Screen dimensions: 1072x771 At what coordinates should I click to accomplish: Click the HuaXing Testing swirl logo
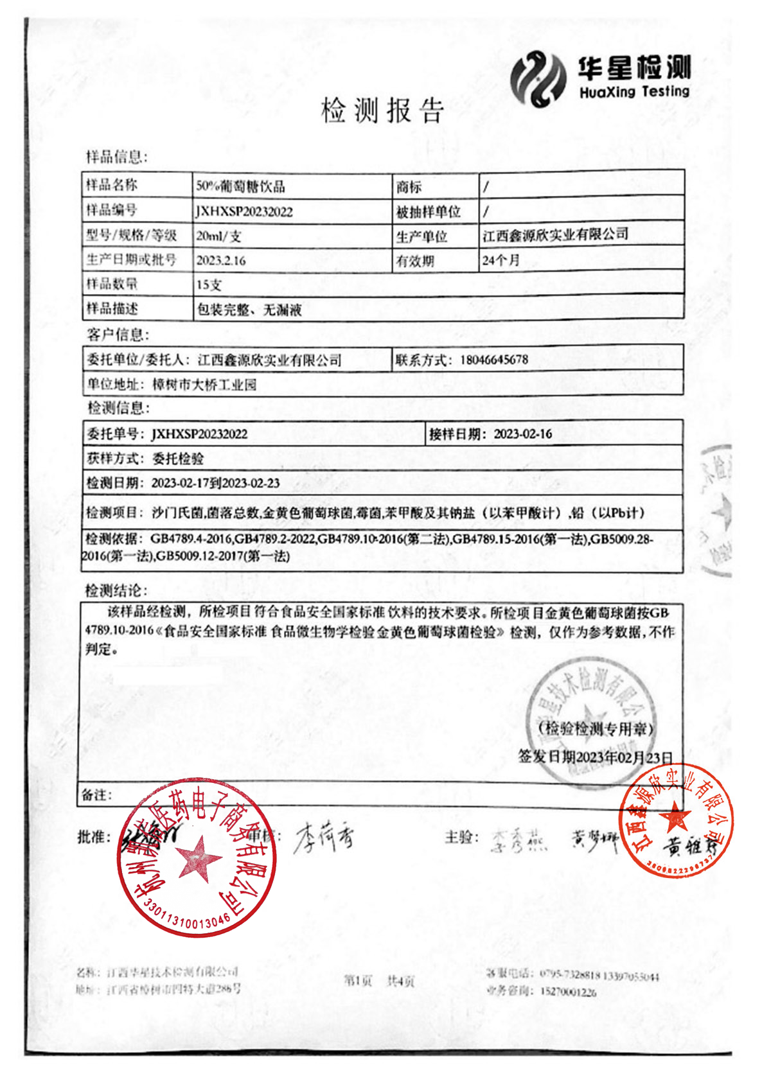[x=538, y=78]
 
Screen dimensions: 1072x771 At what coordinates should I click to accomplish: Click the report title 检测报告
[x=383, y=110]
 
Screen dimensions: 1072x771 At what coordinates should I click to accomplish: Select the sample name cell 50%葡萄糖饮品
[x=240, y=186]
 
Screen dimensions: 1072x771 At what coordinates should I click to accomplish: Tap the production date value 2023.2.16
[x=221, y=261]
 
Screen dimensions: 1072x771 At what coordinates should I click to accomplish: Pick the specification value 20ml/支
[x=219, y=236]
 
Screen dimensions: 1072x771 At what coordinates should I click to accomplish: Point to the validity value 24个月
[x=501, y=260]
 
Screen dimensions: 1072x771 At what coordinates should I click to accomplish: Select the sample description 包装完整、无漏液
[x=249, y=310]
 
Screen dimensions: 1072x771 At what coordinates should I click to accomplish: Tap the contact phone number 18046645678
[x=494, y=360]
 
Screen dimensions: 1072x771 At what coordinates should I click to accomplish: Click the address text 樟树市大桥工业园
[x=204, y=385]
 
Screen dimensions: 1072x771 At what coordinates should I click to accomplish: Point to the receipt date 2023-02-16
[x=523, y=434]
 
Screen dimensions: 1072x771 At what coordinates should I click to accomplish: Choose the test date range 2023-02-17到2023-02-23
[x=216, y=483]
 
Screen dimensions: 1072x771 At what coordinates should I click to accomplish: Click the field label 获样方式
[x=112, y=459]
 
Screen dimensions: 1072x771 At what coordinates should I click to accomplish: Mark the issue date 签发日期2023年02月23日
[x=596, y=757]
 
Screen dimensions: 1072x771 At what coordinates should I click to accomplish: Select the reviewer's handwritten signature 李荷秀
[x=324, y=838]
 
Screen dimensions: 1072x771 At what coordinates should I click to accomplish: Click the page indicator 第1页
[x=358, y=980]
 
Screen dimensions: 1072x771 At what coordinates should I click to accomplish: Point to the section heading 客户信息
[x=117, y=335]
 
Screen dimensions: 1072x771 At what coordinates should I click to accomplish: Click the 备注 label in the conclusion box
[x=96, y=795]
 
